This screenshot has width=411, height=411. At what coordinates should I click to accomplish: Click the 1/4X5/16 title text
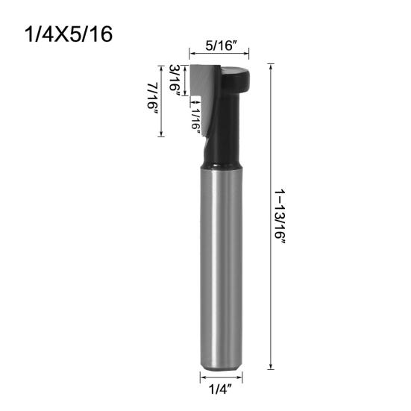coord(69,34)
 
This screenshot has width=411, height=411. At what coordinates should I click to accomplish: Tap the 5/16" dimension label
coord(221,46)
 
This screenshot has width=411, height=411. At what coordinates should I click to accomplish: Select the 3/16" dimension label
coord(175,80)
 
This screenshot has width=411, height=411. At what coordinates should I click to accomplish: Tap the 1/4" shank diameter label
coord(221,389)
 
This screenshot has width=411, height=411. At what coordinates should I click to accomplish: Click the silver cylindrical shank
coord(221,268)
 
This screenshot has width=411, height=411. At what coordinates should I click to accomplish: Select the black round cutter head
coord(235,80)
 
